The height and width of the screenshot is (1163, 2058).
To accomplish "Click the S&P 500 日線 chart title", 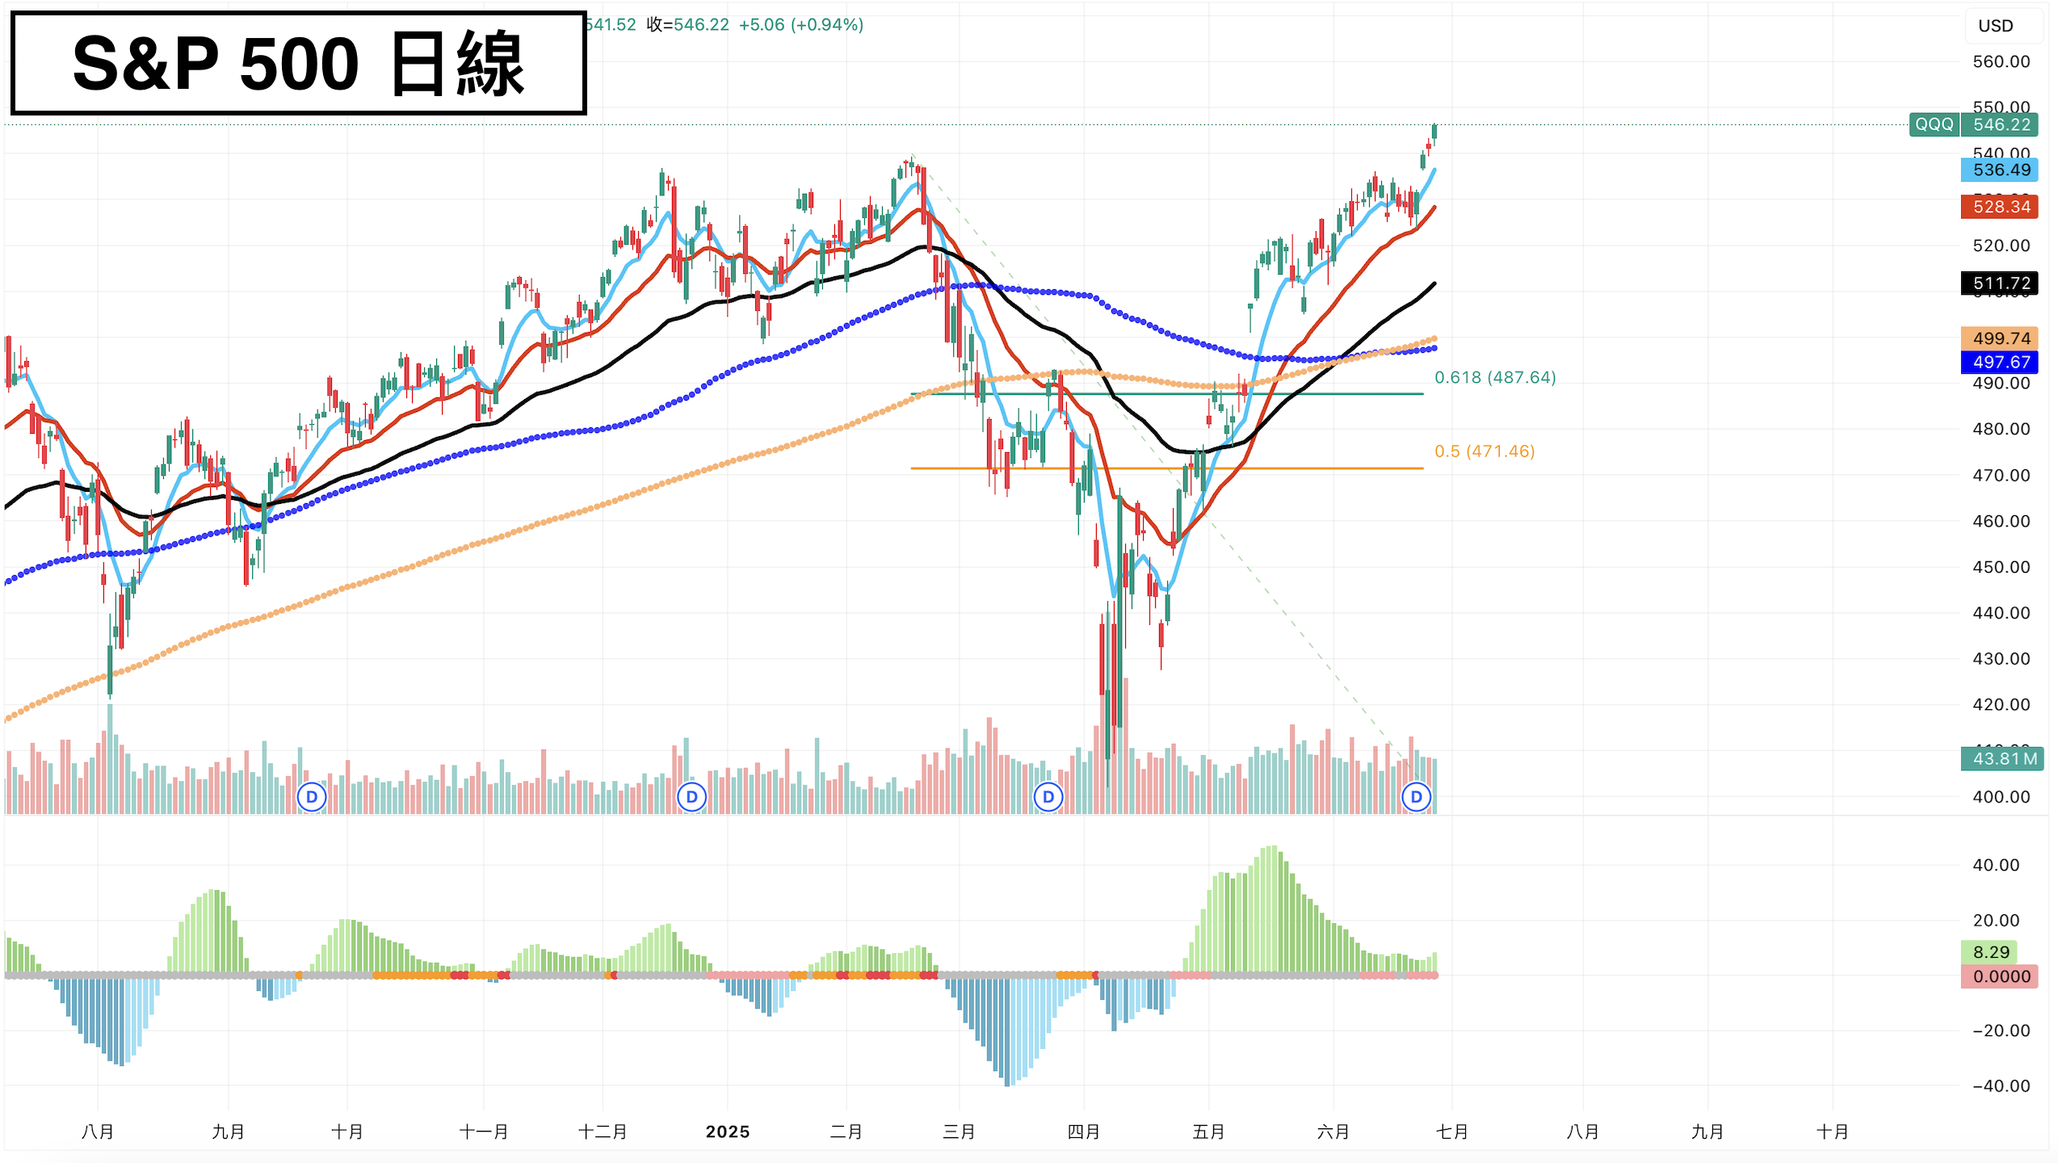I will click(x=298, y=63).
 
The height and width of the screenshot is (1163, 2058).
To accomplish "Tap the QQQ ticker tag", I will click(x=1934, y=124).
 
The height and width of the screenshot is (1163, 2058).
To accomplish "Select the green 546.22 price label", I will click(x=2001, y=124).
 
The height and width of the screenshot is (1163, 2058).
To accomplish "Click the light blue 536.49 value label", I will click(x=2000, y=170).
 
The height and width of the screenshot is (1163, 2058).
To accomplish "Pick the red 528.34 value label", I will click(x=2000, y=207).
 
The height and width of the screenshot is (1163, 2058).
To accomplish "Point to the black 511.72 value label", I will click(x=2000, y=283).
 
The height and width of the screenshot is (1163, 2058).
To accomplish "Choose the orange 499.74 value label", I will click(x=2000, y=338).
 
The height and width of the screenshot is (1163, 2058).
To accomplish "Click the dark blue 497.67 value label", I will click(x=2000, y=362).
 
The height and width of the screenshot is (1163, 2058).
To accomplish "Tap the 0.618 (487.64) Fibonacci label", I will click(x=1495, y=377).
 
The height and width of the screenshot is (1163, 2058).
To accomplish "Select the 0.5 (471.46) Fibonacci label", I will click(x=1485, y=451).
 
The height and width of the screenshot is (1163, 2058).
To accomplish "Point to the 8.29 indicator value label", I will click(x=1990, y=952).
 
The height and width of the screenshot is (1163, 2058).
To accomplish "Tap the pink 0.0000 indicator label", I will click(x=2000, y=976).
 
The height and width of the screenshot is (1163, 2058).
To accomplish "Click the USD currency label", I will click(x=1995, y=26).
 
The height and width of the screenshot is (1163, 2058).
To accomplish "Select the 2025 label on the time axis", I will click(x=728, y=1132).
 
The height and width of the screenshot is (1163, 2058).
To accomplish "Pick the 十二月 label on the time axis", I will click(x=603, y=1132).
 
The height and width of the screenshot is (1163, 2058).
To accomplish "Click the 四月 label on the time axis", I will click(x=1083, y=1132).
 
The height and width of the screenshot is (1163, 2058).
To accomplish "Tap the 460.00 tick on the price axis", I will click(x=2001, y=521).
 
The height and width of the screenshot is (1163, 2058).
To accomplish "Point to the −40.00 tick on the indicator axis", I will click(x=2001, y=1085).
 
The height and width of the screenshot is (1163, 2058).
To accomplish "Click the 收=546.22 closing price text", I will click(x=688, y=25).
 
